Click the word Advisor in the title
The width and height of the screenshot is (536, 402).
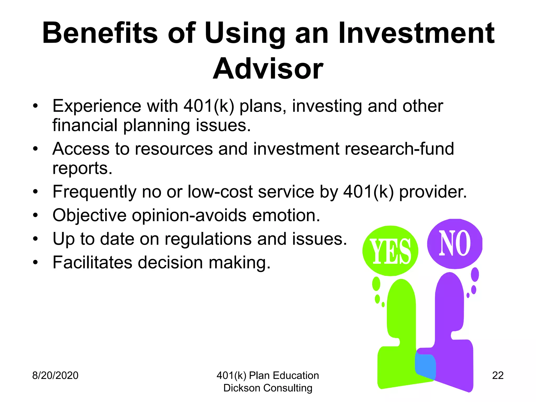point(268,69)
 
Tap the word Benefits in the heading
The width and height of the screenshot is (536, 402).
point(100,33)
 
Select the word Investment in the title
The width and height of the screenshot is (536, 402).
point(416,33)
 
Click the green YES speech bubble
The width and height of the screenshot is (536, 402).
point(390,251)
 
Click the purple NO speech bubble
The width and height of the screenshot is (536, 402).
point(455,243)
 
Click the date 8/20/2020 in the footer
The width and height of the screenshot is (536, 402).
point(55,375)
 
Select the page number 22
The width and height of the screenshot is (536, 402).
point(498,375)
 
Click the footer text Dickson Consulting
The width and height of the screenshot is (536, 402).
point(268,388)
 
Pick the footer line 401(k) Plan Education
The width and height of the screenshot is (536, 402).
point(268,375)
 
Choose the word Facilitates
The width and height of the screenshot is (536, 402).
point(92,263)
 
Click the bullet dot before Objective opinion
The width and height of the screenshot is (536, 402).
point(36,216)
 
